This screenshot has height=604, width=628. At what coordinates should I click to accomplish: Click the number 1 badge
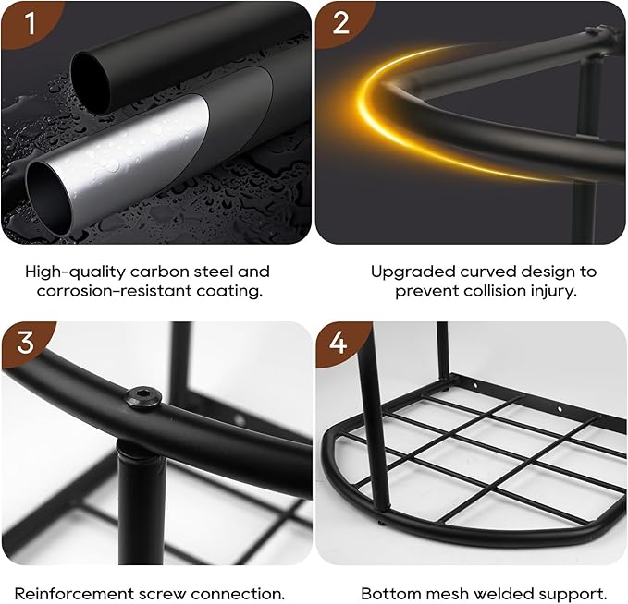(28, 23)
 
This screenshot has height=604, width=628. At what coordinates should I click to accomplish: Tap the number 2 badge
(341, 23)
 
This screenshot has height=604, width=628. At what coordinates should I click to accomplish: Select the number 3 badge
(26, 343)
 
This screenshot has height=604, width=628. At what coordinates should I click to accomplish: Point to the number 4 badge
(339, 343)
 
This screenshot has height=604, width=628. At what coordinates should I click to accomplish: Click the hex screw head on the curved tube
(143, 398)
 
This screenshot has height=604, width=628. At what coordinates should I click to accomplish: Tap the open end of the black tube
(91, 83)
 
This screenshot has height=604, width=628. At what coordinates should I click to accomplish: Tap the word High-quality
(75, 272)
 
